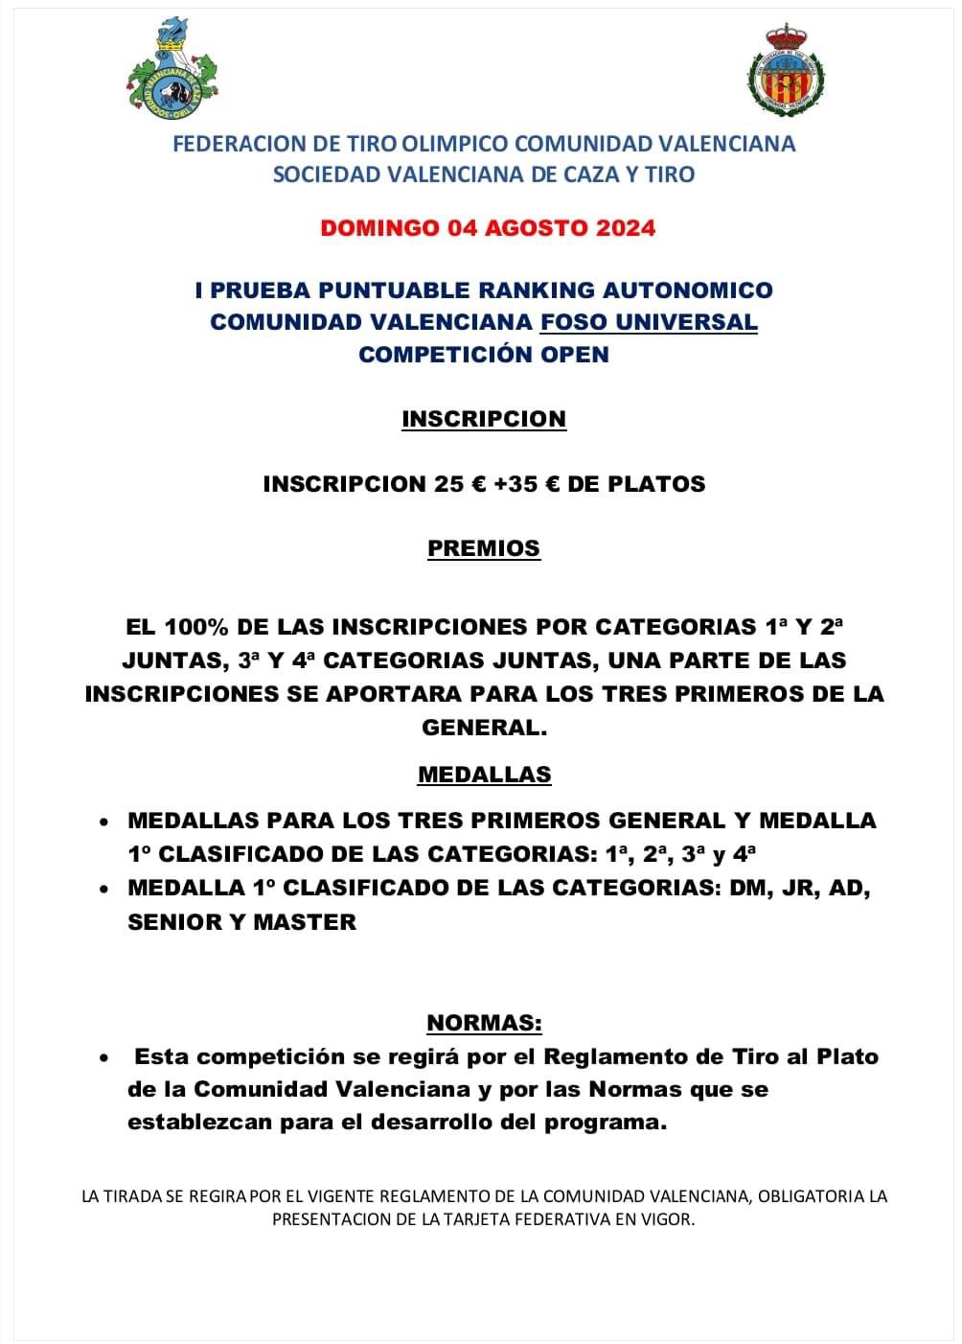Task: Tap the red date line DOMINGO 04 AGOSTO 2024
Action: (x=488, y=228)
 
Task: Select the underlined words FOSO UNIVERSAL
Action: (x=649, y=322)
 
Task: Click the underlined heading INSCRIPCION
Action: (x=484, y=419)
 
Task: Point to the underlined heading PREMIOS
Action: (x=484, y=548)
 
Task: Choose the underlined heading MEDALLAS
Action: (x=484, y=775)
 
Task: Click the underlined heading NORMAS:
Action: (x=484, y=1023)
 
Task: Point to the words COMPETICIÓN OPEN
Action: (x=484, y=355)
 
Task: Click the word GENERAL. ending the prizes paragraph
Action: (x=484, y=727)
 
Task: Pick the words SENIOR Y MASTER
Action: (x=241, y=922)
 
